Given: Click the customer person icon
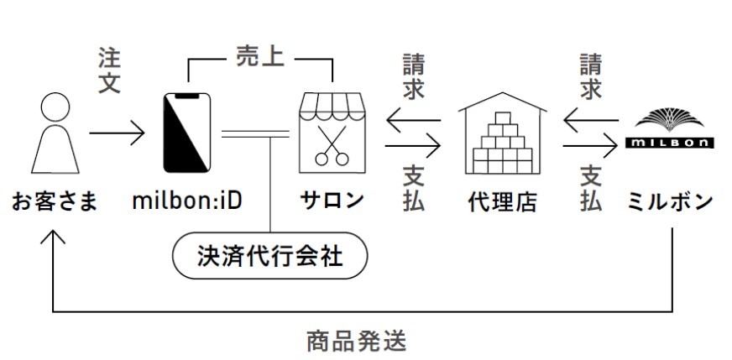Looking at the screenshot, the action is pyautogui.click(x=55, y=133).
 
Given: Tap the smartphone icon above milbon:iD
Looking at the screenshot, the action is pyautogui.click(x=186, y=133).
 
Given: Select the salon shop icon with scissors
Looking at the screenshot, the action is pyautogui.click(x=332, y=133).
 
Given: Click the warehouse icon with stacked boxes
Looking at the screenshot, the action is pyautogui.click(x=502, y=133).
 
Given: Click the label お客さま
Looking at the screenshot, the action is pyautogui.click(x=55, y=202).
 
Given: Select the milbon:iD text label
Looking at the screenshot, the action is pyautogui.click(x=187, y=201).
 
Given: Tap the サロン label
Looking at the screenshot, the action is pyautogui.click(x=332, y=201).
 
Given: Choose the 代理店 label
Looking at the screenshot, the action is pyautogui.click(x=502, y=201).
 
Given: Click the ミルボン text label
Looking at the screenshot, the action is pyautogui.click(x=670, y=201).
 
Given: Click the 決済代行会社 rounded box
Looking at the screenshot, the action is pyautogui.click(x=269, y=255).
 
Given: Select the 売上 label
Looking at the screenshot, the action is pyautogui.click(x=260, y=56).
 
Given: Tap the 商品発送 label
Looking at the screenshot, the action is pyautogui.click(x=356, y=341).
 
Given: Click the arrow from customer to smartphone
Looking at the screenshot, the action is pyautogui.click(x=118, y=133).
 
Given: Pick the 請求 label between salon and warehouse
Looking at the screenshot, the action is pyautogui.click(x=414, y=76).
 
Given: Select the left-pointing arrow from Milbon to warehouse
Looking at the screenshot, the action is pyautogui.click(x=591, y=121).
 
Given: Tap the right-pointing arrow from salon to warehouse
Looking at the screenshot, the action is pyautogui.click(x=413, y=146).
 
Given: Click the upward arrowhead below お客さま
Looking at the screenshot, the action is pyautogui.click(x=53, y=237).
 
